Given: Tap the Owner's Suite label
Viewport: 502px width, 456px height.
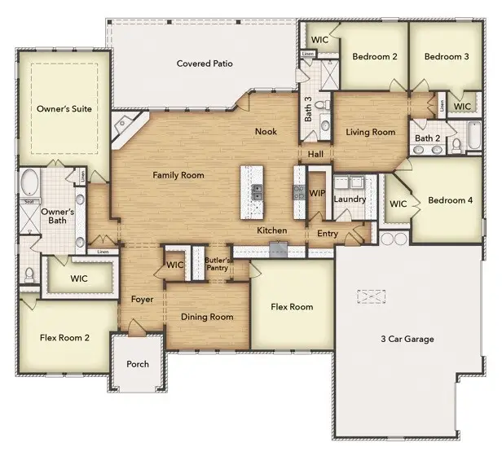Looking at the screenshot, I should click(x=64, y=108).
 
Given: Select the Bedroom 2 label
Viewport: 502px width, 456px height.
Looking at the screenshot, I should click(x=374, y=56).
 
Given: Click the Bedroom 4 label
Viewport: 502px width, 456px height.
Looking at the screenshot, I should click(x=450, y=200).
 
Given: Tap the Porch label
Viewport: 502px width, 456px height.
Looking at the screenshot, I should click(x=138, y=364).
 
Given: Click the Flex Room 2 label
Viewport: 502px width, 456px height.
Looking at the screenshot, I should click(x=64, y=336).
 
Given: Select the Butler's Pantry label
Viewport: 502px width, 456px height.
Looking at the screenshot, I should click(x=218, y=263).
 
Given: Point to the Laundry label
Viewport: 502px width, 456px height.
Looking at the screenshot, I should click(x=350, y=199).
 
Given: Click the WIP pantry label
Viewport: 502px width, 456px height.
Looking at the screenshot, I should click(x=317, y=193).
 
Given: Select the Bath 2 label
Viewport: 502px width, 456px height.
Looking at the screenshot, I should click(x=426, y=138).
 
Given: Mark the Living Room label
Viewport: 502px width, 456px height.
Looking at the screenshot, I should click(x=370, y=132).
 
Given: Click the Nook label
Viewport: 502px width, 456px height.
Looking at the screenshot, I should click(x=266, y=131).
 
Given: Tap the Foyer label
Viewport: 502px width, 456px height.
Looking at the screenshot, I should click(x=143, y=300).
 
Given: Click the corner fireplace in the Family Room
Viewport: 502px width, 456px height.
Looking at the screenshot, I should click(x=126, y=126).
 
